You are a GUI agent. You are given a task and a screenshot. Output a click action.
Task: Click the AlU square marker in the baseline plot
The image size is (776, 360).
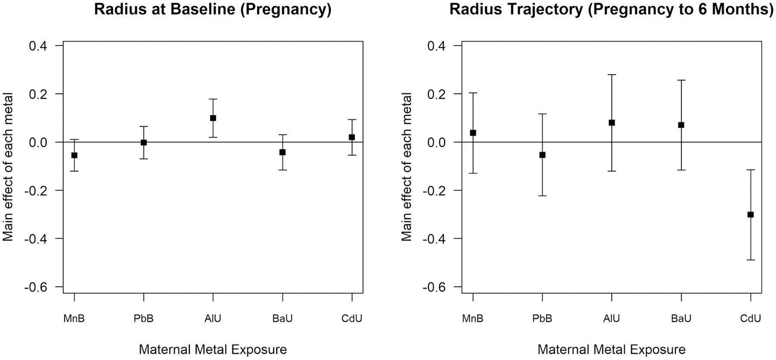click(x=213, y=118)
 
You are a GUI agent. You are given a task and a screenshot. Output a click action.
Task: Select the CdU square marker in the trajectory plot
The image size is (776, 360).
click(x=751, y=215)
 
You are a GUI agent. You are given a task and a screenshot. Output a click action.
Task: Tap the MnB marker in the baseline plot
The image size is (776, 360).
click(x=74, y=155)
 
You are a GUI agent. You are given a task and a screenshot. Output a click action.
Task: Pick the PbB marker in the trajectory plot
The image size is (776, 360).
click(x=542, y=155)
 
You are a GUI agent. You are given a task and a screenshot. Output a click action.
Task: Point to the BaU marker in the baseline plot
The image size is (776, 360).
click(x=282, y=152)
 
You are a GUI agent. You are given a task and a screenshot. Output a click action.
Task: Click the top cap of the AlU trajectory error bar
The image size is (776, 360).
click(x=612, y=75)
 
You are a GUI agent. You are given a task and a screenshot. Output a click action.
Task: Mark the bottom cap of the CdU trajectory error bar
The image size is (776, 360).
click(x=751, y=260)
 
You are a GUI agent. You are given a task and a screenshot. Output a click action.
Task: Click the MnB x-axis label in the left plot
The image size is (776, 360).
click(x=74, y=319)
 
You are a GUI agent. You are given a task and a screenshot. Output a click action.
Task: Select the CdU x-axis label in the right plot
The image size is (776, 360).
click(x=751, y=319)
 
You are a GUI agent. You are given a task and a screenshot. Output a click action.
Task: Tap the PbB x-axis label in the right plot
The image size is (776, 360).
click(x=542, y=319)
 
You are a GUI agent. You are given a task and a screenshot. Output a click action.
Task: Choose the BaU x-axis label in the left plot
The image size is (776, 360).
click(x=282, y=319)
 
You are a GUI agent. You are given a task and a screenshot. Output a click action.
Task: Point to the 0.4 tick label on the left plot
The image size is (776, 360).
click(x=38, y=46)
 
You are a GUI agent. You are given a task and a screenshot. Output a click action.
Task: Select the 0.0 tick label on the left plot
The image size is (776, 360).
click(x=38, y=142)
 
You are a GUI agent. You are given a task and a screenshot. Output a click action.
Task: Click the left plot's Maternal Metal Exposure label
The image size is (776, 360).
click(x=213, y=349)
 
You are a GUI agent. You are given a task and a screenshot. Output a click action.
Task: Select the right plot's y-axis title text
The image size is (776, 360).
click(x=407, y=166)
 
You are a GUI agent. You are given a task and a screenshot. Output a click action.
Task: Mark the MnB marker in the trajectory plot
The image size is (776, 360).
click(x=473, y=133)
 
